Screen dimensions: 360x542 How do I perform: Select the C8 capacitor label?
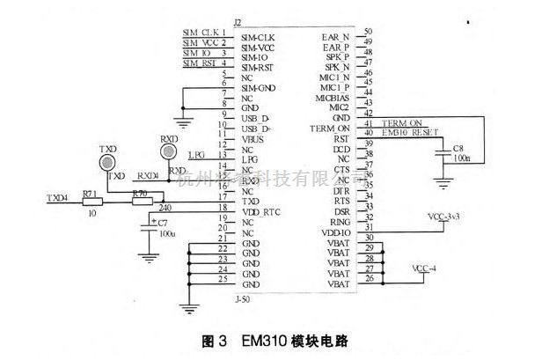coord(458,148)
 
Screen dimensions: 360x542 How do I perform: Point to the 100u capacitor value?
coord(166,233)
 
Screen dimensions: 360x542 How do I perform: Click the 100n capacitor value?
coord(461,160)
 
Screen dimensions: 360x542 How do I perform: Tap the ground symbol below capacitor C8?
coord(445,180)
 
